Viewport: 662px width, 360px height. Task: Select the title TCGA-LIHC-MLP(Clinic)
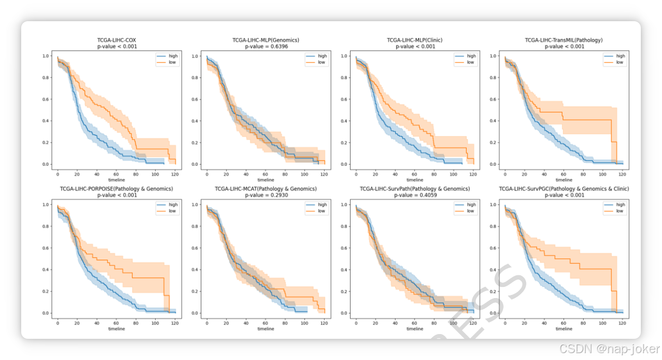(415, 40)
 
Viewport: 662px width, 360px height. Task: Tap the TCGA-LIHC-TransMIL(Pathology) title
(563, 40)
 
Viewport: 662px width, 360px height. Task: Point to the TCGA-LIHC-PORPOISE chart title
(116, 188)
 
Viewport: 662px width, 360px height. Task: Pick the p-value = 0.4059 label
(415, 195)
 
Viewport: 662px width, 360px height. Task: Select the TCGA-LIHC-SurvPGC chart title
(563, 188)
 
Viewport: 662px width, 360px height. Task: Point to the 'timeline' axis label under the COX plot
(117, 180)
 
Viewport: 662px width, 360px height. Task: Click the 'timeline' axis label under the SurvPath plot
(415, 329)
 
